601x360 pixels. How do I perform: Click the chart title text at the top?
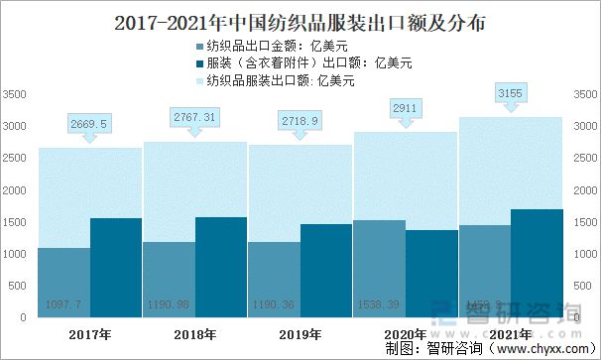[x=300, y=20]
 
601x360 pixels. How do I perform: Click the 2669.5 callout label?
[x=89, y=124]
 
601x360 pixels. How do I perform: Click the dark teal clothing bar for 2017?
[x=116, y=268]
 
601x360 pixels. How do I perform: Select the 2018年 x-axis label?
[x=194, y=334]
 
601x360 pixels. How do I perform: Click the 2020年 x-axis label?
[x=405, y=334]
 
